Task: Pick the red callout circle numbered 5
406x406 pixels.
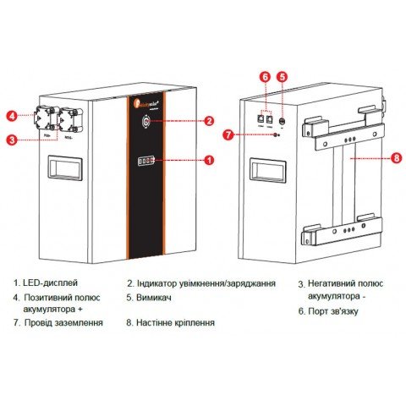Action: pyautogui.click(x=282, y=76)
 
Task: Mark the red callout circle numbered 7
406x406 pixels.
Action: pyautogui.click(x=227, y=134)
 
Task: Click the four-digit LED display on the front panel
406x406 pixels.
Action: pyautogui.click(x=146, y=159)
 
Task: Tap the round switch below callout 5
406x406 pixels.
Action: pyautogui.click(x=281, y=120)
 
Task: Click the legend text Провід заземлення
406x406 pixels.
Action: pyautogui.click(x=66, y=322)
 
